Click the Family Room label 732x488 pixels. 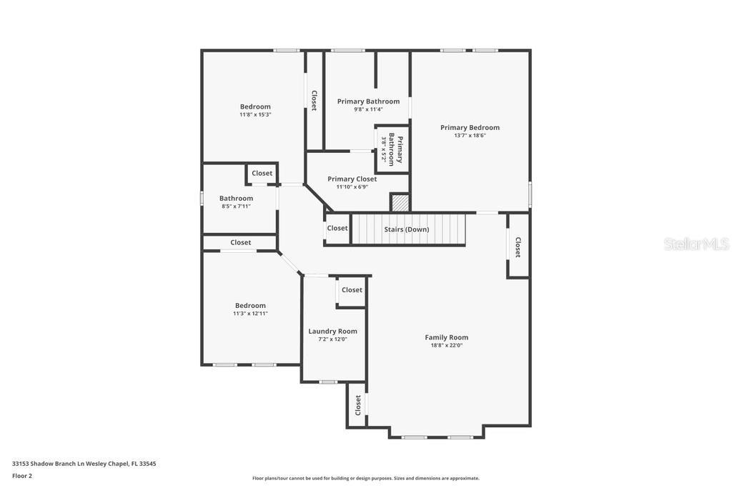pos(447,337)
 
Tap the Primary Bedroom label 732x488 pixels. pos(470,127)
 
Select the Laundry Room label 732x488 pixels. pos(332,331)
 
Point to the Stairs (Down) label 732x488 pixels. pos(407,229)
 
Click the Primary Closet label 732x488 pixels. pos(352,179)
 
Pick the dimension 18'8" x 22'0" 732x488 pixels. pos(447,346)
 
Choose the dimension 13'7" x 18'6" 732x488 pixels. pos(470,136)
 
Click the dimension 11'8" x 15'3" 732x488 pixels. pos(255,114)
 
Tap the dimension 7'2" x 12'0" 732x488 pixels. pos(332,339)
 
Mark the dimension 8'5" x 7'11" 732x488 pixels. pos(236,206)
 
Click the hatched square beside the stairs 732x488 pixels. pos(400,203)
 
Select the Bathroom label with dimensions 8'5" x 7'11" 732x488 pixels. pos(236,198)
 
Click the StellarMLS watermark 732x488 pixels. pos(696,244)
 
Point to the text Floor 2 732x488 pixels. pos(22,476)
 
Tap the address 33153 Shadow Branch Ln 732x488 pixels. pos(84,464)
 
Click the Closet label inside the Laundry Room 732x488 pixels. pos(352,289)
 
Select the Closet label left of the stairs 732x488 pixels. pos(337,228)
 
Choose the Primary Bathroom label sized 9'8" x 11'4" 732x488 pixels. pos(368,101)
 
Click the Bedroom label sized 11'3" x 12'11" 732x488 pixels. pos(250,305)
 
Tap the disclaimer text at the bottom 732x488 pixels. pos(366,478)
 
